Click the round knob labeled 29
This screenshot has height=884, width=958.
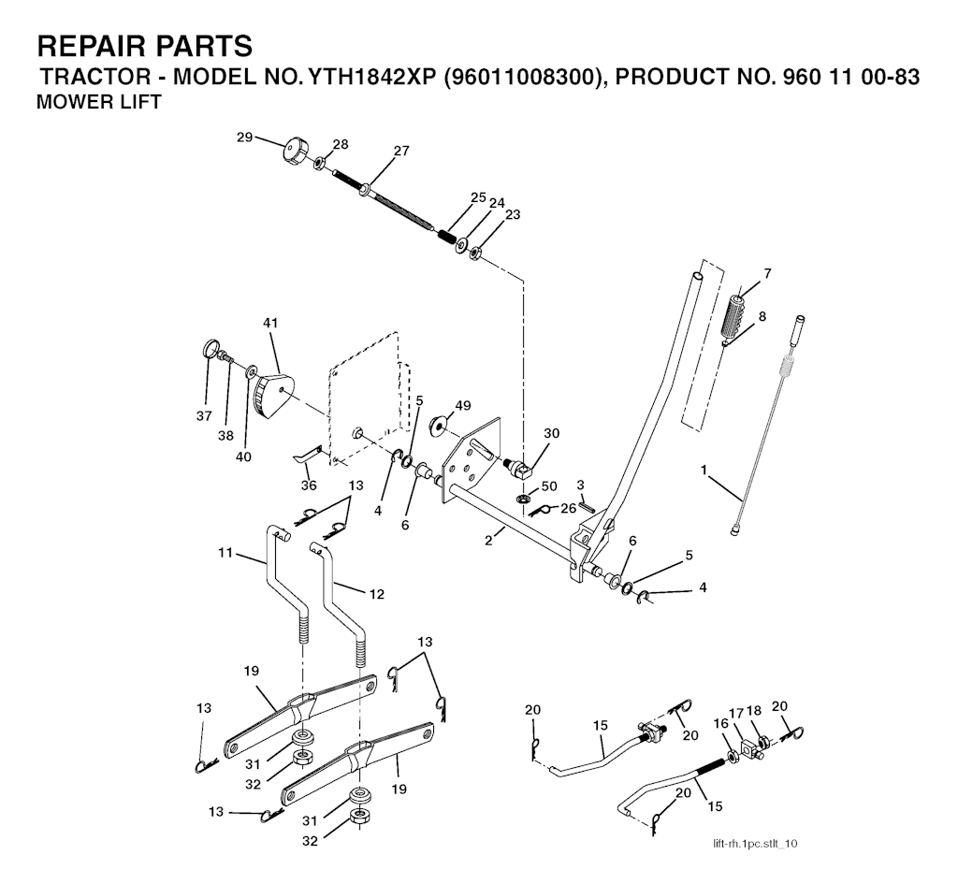[297, 150]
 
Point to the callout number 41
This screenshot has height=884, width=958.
[270, 323]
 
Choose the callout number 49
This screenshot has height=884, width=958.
[462, 405]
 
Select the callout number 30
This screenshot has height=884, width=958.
[551, 433]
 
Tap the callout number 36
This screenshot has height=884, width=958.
[309, 485]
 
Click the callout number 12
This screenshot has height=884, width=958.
[375, 593]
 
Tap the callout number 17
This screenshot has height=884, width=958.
[736, 711]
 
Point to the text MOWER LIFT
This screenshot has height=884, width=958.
[97, 102]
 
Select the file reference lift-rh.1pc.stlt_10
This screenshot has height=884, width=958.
[754, 845]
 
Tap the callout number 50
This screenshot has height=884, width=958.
[549, 487]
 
